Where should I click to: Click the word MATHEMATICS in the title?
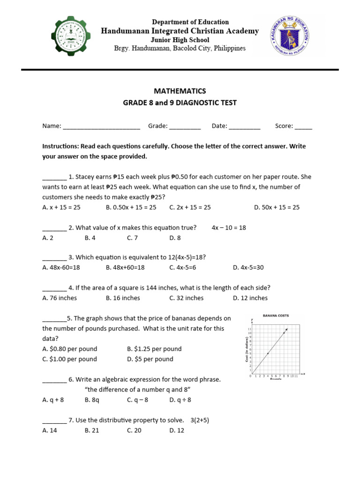180,91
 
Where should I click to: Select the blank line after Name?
101,127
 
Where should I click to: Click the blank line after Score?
303,127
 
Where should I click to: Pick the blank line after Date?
245,127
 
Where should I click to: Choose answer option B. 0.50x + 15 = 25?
131,207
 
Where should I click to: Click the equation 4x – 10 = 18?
229,228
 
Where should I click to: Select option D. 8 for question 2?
175,238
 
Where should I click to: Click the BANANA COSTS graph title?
276,316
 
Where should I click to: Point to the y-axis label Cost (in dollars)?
247,349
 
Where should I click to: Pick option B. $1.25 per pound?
154,349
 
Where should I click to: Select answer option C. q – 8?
137,400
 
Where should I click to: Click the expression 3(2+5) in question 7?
200,420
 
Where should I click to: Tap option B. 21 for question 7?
92,430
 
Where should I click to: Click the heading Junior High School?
180,40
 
